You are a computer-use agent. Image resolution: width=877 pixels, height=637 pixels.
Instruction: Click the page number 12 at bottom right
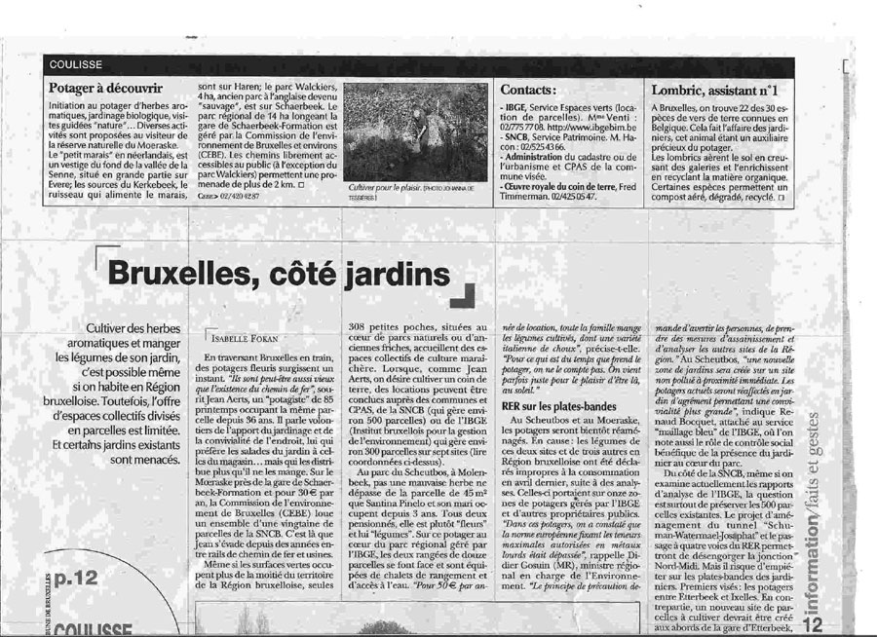pos(817,620)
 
